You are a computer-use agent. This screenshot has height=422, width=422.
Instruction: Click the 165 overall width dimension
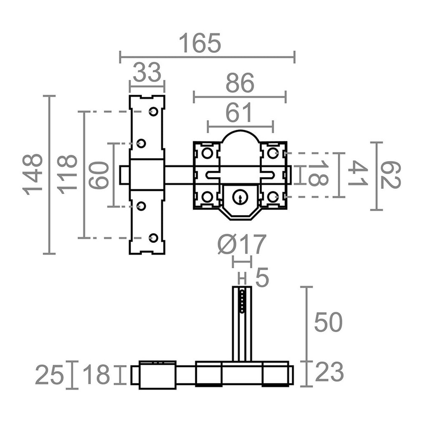[200, 43]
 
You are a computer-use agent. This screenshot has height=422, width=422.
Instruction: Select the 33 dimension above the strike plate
[147, 73]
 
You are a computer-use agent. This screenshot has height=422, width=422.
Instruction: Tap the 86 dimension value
[240, 84]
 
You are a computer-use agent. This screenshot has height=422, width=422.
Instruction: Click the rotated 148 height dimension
[33, 174]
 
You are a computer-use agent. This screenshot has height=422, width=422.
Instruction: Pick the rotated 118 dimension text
[67, 174]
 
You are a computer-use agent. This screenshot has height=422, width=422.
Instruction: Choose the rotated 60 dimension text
[99, 175]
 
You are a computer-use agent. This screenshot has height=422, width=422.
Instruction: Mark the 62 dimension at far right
[390, 175]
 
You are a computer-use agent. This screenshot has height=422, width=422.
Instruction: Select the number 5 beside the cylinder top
[262, 278]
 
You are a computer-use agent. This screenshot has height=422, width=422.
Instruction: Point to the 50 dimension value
[328, 322]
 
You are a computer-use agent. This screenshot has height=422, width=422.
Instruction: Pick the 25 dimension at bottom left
[49, 375]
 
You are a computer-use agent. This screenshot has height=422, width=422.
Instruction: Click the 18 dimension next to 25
[96, 375]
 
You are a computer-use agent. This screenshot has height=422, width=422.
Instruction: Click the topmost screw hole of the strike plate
[153, 111]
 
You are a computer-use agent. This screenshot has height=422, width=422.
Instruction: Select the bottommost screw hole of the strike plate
[153, 237]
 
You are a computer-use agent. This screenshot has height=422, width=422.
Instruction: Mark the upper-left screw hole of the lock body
[207, 153]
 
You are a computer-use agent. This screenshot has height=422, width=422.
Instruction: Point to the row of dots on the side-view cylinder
[242, 300]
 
